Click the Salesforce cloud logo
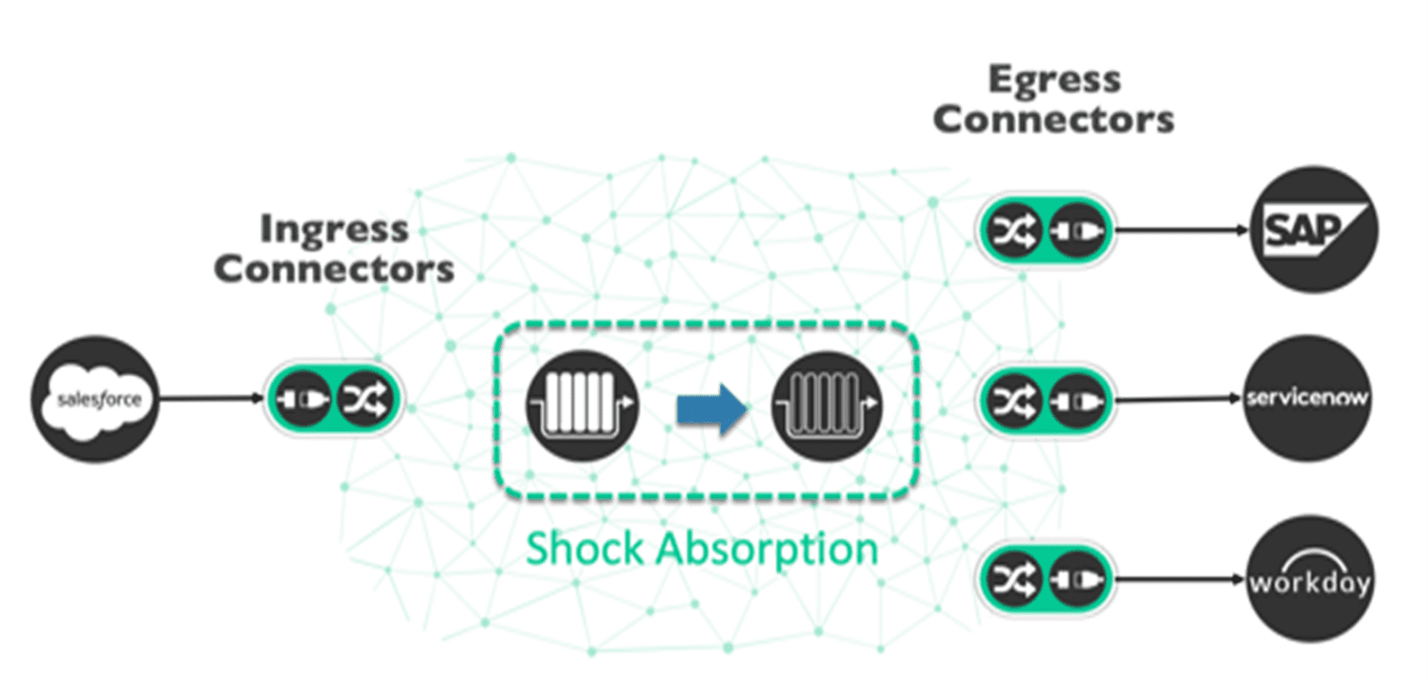[x=95, y=400]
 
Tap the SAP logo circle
[x=1313, y=230]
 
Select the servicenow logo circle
[x=1307, y=398]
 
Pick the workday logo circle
[x=1308, y=579]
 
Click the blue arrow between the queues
[x=710, y=410]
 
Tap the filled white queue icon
[x=582, y=405]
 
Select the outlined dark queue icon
[x=826, y=405]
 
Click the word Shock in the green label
[x=585, y=548]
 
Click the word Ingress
[x=334, y=229]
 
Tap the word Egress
[x=1054, y=80]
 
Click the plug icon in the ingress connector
[x=302, y=399]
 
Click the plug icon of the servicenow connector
[x=1077, y=400]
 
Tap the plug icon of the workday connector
[x=1077, y=580]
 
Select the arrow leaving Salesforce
[x=211, y=398]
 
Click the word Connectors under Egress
[x=1053, y=120]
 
